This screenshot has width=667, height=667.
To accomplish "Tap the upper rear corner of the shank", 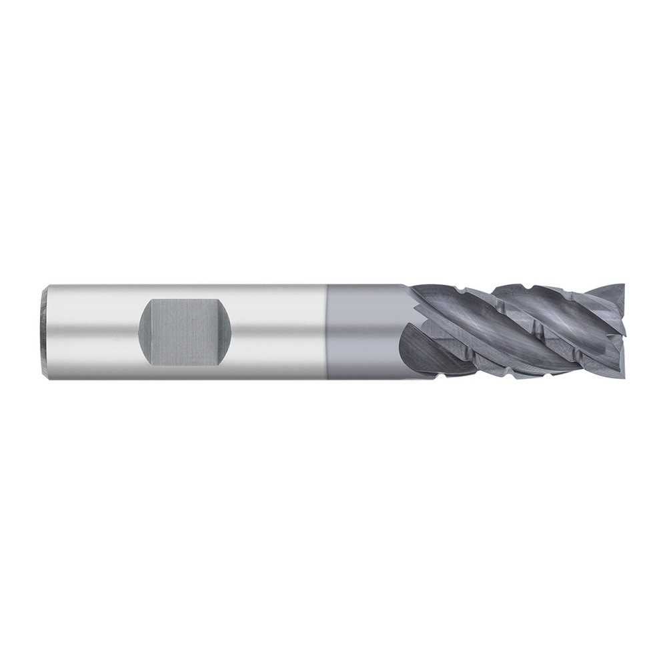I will [46, 288].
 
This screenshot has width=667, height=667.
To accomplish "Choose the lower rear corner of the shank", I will [46, 378].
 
